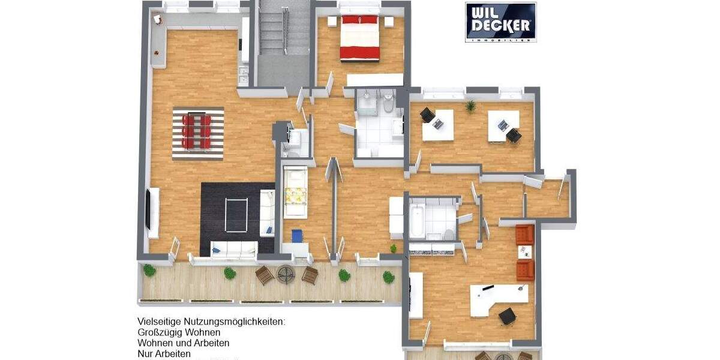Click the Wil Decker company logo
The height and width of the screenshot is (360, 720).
500,22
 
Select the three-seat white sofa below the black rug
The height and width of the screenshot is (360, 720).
233,248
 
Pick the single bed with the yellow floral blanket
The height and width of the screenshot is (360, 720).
295,193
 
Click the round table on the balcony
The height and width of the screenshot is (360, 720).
286,274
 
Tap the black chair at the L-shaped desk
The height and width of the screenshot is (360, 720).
508,315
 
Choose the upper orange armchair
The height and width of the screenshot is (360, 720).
524,234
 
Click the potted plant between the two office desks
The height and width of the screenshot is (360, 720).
470,106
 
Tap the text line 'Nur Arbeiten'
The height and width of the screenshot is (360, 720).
164,354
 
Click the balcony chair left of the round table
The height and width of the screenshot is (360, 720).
264,275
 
